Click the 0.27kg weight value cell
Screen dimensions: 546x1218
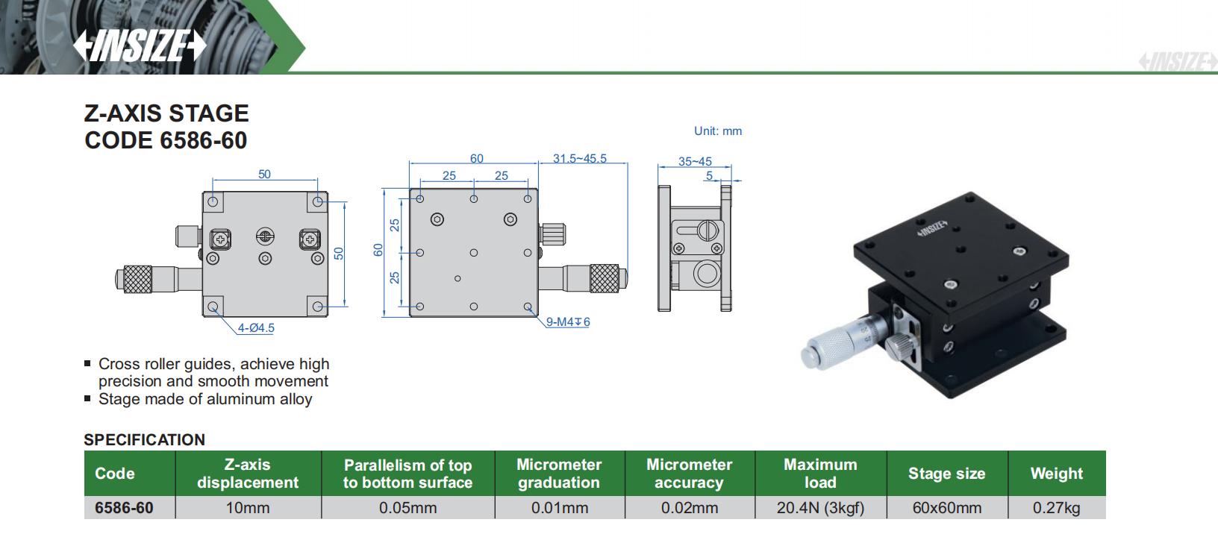tap(1056, 508)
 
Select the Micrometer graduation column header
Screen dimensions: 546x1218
tap(558, 474)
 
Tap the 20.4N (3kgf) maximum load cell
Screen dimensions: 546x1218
tap(819, 508)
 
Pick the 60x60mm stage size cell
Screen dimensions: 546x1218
tap(946, 508)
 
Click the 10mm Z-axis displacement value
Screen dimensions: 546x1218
tap(247, 508)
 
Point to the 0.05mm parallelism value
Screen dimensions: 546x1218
tap(407, 508)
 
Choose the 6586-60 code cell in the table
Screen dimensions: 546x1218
tap(124, 508)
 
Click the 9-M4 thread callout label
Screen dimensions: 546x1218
tap(568, 322)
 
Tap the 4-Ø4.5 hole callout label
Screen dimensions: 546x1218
tap(256, 327)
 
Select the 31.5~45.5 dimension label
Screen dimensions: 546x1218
tap(579, 158)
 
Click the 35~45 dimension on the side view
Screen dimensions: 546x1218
tap(694, 161)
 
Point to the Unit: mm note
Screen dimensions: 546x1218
tap(717, 131)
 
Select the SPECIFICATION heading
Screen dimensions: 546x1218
tap(144, 439)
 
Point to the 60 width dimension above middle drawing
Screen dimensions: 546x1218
tap(476, 158)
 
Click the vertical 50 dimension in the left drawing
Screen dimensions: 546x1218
tap(339, 253)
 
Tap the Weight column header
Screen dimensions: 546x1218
tap(1056, 474)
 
